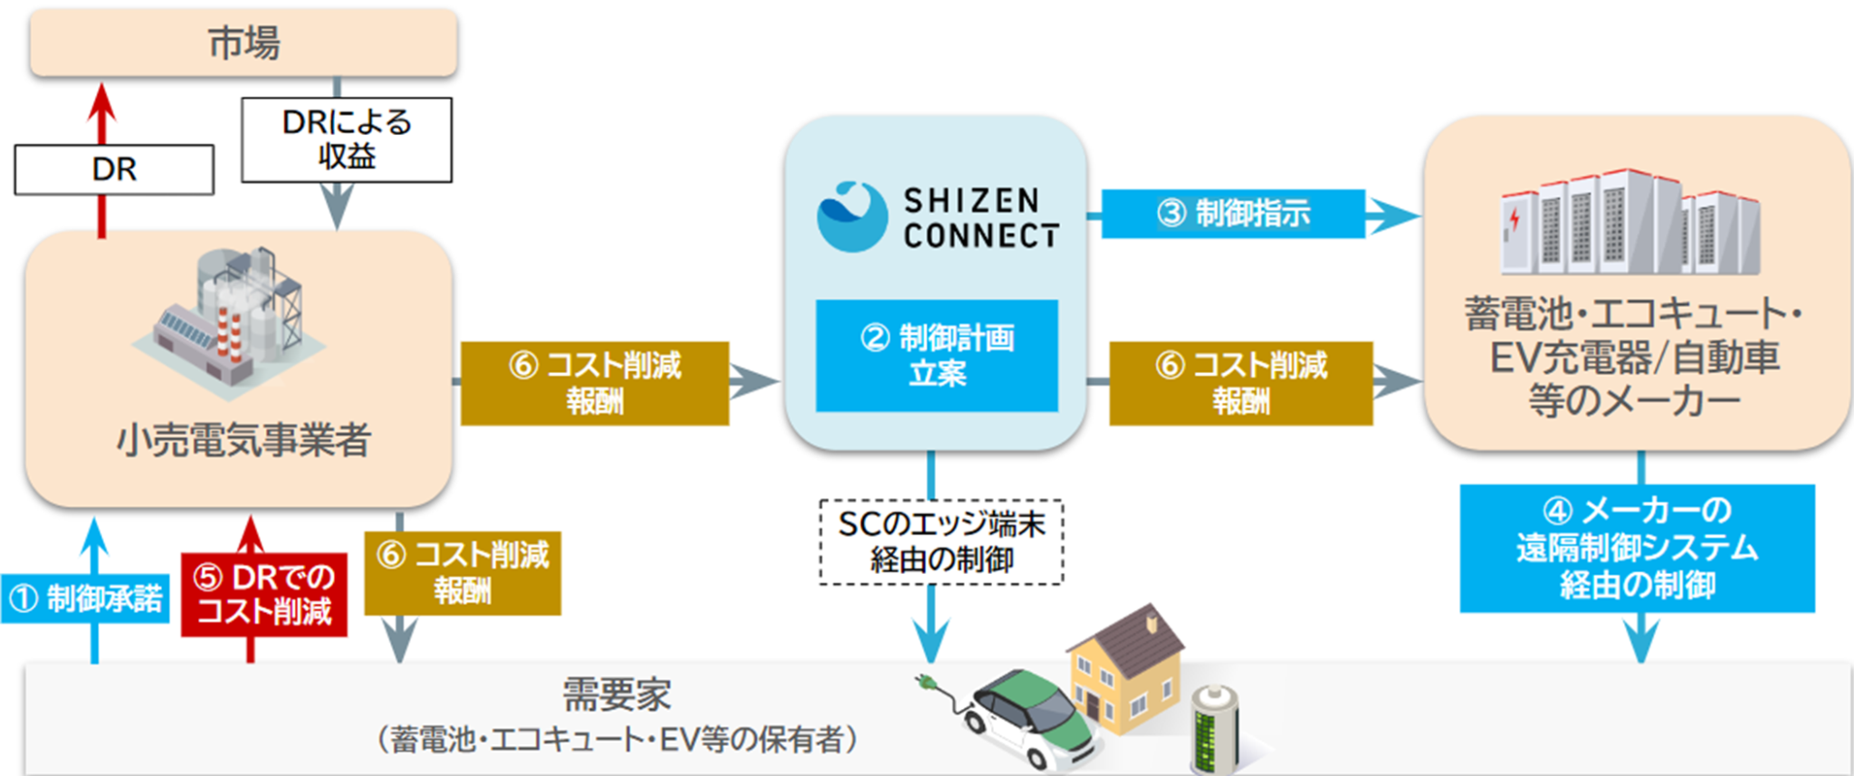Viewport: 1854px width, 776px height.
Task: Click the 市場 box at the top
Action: [x=243, y=43]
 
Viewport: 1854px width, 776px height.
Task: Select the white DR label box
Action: [x=114, y=169]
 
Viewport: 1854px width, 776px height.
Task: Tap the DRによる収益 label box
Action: [x=346, y=139]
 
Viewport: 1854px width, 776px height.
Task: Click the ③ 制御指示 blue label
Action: [x=1232, y=214]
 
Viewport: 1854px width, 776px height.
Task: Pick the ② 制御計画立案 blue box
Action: [x=936, y=356]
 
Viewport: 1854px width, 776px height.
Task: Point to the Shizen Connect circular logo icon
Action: [x=851, y=217]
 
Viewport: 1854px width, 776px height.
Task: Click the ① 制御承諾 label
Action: [x=85, y=599]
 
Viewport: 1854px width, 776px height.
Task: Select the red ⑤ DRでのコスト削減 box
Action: [x=263, y=594]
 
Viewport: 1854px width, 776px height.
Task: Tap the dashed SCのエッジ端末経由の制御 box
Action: [x=941, y=541]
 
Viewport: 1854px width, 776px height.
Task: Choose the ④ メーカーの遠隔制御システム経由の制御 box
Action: [x=1636, y=548]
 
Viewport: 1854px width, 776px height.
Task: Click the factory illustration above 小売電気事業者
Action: [x=231, y=321]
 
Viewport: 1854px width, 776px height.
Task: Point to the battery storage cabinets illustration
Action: [x=1629, y=223]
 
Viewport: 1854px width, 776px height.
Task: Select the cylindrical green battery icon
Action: [x=1213, y=730]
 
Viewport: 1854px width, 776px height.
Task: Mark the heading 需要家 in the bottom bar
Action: [x=616, y=695]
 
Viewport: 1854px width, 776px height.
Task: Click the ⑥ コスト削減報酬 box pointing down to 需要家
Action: [x=462, y=572]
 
